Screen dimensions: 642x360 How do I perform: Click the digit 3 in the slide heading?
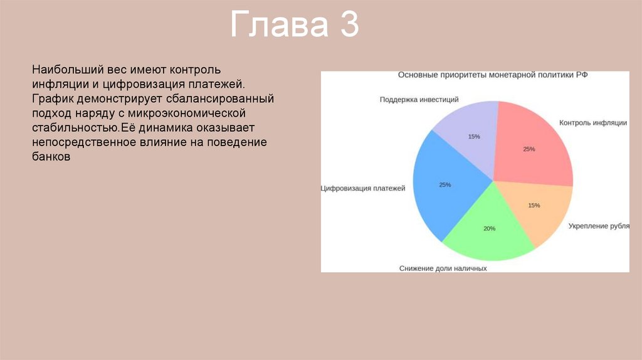[x=349, y=24]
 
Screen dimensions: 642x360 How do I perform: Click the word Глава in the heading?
[x=279, y=24]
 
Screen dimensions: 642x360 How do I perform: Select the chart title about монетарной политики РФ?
[x=493, y=75]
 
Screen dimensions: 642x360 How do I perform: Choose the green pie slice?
[x=489, y=230]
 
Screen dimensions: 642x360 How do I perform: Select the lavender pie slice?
[x=471, y=135]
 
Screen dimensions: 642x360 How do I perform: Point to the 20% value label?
[x=489, y=228]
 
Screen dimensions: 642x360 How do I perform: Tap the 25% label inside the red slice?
[x=529, y=149]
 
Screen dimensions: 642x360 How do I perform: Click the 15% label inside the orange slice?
[x=534, y=205]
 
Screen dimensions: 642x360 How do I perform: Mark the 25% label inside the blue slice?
[x=445, y=185]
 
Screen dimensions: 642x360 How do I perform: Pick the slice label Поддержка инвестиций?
[x=419, y=100]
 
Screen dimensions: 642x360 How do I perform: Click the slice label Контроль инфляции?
[x=593, y=123]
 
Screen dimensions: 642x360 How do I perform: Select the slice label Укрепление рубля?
[x=599, y=226]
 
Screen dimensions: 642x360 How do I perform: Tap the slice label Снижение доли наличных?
[x=443, y=268]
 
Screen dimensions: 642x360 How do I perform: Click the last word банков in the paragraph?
[x=51, y=156]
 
